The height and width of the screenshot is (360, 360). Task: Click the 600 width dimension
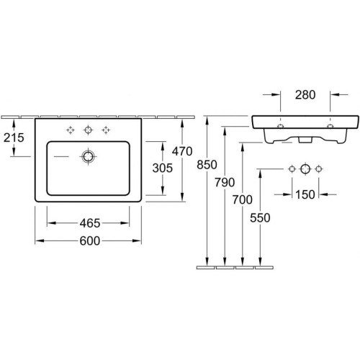[x=90, y=241]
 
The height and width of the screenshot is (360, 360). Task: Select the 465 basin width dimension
[x=90, y=223]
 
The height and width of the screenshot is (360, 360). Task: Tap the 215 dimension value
[x=14, y=138]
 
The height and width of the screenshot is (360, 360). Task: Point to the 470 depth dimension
[x=182, y=151]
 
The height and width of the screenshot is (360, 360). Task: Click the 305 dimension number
[x=163, y=168]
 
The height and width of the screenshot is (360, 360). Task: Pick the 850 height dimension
[x=207, y=165]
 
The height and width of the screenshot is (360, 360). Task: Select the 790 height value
[x=225, y=182]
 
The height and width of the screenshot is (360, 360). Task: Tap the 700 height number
[x=243, y=199]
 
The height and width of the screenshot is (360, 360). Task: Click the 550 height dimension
[x=260, y=218]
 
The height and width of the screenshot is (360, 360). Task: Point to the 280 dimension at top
[x=305, y=95]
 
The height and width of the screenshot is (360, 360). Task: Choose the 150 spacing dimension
[x=305, y=194]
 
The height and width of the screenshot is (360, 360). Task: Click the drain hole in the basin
[x=88, y=156]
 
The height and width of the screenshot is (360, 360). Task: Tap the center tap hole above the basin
[x=88, y=130]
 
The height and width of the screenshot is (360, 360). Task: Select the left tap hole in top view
[x=71, y=130]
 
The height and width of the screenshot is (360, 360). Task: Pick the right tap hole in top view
[x=106, y=130]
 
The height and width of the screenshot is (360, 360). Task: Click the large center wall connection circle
[x=305, y=169]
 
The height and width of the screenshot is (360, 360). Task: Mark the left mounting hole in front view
[x=280, y=126]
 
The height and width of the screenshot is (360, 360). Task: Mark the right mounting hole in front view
[x=330, y=126]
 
